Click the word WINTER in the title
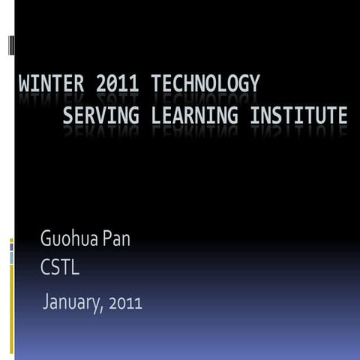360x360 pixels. [54, 84]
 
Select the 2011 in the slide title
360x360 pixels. [120, 84]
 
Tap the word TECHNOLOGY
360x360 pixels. [205, 84]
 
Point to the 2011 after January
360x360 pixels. [125, 303]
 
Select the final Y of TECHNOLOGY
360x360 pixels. [255, 84]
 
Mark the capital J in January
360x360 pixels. [46, 302]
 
